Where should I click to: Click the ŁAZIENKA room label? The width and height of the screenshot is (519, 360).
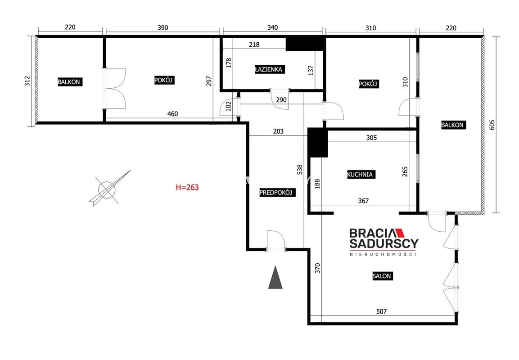point(269,69)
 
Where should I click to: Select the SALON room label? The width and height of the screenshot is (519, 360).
point(382,276)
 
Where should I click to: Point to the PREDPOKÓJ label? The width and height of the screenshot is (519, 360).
point(276,193)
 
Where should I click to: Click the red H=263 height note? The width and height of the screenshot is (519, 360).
point(187,188)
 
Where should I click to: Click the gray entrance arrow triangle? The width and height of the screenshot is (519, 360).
point(275,277)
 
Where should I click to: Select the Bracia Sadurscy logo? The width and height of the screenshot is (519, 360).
point(384,242)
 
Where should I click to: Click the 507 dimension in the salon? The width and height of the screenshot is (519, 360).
point(382,311)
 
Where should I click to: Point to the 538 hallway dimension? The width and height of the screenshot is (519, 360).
point(300,170)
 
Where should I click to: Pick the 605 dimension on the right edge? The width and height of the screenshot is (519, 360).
point(492,125)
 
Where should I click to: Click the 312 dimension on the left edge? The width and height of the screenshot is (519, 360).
point(27,81)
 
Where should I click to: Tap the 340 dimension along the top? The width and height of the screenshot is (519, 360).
point(272,27)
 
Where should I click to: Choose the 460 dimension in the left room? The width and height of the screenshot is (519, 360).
point(172,114)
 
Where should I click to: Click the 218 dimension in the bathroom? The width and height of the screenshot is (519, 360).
point(254,45)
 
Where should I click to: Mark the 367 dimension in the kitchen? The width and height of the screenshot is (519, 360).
point(363,201)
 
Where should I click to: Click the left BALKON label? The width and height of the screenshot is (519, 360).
point(69,82)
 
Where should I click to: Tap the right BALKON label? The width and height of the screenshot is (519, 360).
point(452,125)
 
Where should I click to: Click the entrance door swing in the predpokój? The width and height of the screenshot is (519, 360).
point(276,240)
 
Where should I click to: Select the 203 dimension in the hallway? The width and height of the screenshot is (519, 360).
point(278,131)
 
